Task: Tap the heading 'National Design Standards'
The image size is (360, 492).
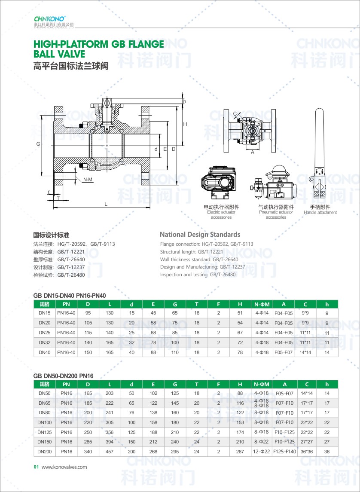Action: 200,235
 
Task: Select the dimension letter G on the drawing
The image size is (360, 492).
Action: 38,144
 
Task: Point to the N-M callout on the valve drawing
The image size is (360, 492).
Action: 88,180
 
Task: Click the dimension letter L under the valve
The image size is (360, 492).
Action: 106,205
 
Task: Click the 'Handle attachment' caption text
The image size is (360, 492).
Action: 320,213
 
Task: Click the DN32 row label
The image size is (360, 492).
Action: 45,342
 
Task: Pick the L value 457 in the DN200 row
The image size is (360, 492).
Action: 110,452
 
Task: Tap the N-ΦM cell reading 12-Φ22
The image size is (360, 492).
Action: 261,452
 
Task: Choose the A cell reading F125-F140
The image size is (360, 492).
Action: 284,452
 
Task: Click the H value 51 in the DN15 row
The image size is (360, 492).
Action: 240,313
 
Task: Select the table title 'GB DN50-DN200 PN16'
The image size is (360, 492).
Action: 63,376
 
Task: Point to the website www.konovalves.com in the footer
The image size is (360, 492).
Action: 64,467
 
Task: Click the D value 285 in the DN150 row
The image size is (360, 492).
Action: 88,442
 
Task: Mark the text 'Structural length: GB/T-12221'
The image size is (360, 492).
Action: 192,252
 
